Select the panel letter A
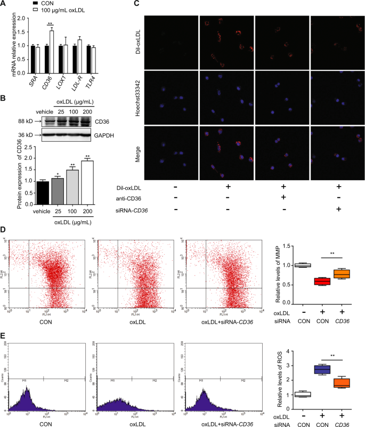(4, 4)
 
